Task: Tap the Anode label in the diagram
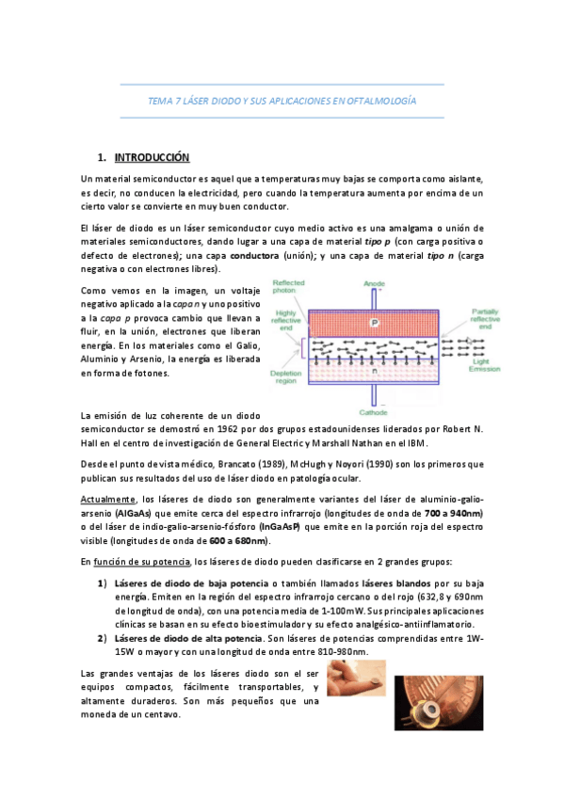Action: (375, 283)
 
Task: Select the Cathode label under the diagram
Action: (374, 410)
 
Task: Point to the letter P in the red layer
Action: (374, 320)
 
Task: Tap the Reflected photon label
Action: (288, 287)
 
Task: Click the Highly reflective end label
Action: (287, 319)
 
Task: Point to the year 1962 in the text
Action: (257, 429)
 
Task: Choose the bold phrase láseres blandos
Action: (390, 583)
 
